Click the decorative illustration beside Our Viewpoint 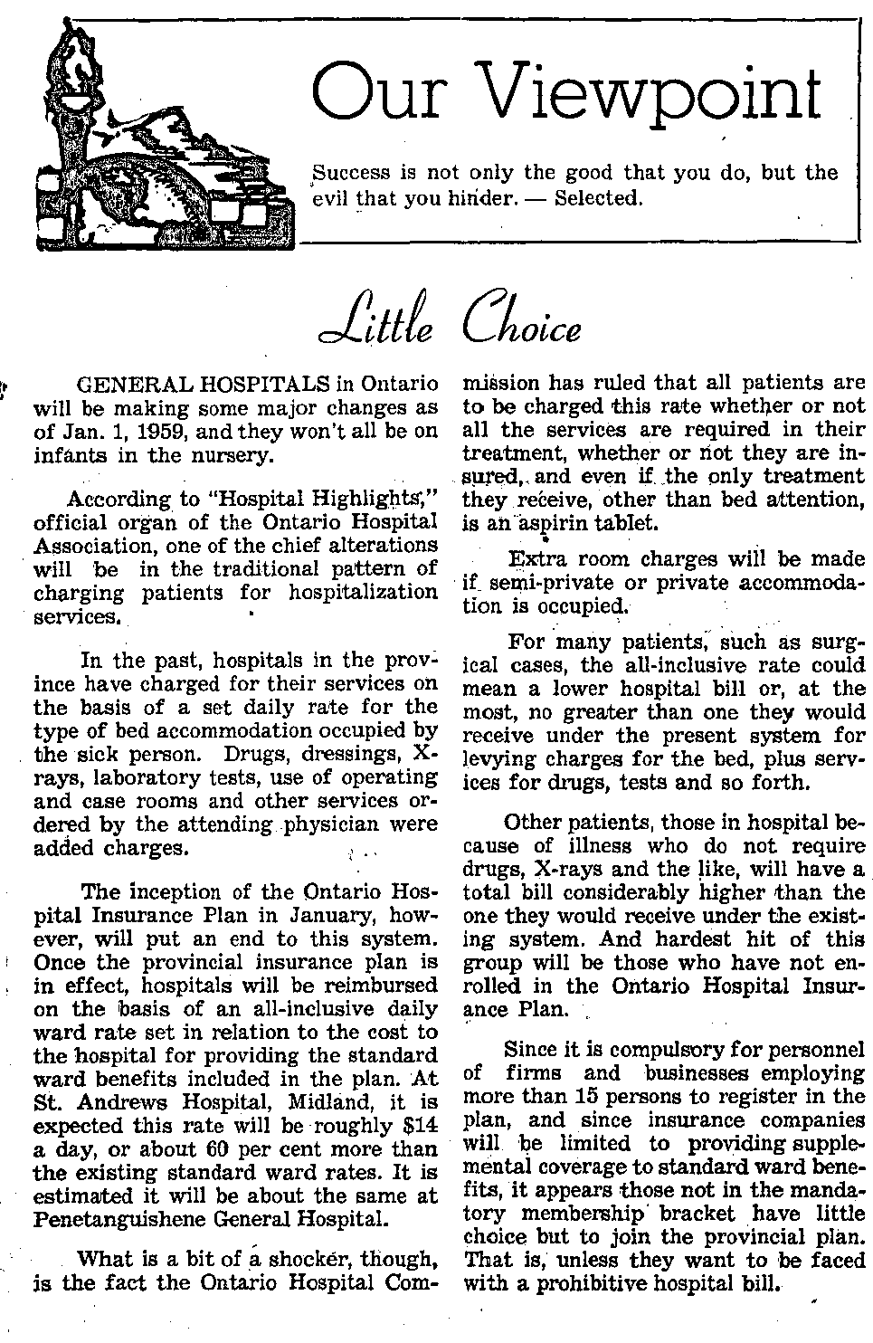(x=154, y=136)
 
